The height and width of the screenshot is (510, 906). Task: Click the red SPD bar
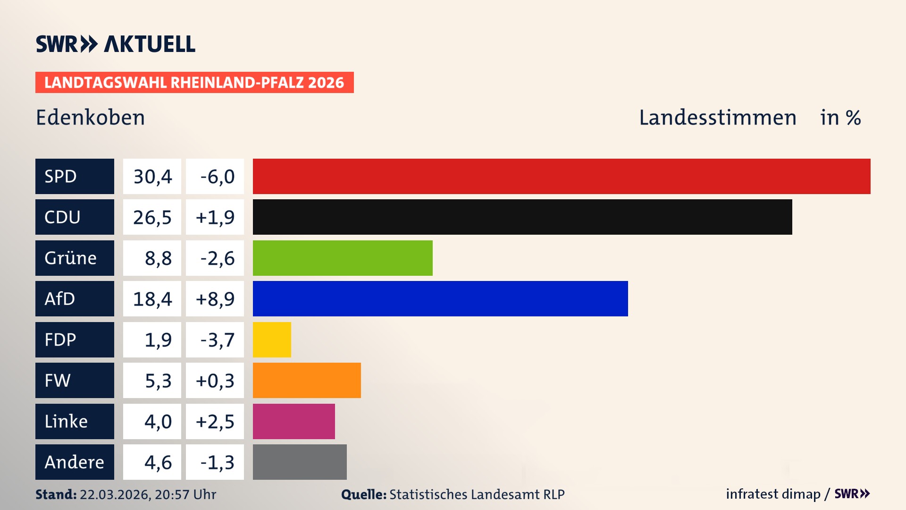[562, 176]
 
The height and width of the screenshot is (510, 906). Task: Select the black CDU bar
[522, 217]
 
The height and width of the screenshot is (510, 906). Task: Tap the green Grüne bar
[343, 258]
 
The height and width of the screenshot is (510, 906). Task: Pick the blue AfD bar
[440, 298]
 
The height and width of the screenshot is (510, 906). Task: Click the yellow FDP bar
[272, 340]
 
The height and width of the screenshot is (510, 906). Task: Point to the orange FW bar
[307, 380]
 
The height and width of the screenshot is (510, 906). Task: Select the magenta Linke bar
[294, 421]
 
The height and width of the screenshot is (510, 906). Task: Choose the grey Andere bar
[300, 462]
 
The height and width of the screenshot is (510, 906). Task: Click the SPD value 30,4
[152, 177]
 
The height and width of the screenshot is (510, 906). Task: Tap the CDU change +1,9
[215, 217]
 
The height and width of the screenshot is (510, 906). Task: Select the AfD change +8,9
[215, 299]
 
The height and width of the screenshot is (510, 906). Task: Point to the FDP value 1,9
[158, 340]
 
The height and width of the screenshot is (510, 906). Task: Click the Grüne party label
[71, 258]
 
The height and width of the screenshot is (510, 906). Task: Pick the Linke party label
[66, 421]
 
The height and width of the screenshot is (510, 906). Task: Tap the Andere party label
[74, 462]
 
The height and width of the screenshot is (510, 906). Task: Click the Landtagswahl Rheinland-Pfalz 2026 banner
[194, 83]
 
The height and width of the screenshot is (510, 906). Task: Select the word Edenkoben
[90, 118]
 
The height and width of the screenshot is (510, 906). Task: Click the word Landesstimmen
[717, 118]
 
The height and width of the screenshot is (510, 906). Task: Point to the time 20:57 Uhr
[185, 494]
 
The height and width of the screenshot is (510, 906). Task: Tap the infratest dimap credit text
[773, 494]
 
